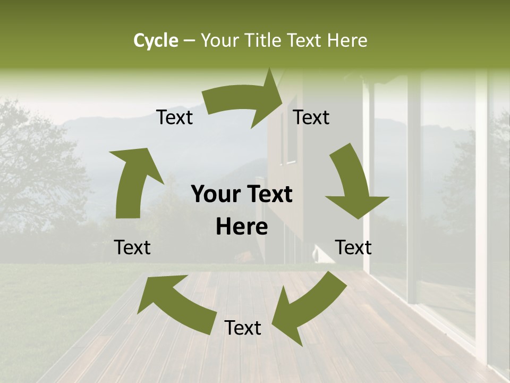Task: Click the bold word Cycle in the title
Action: [156, 40]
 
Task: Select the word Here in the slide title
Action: [347, 40]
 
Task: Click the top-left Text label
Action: [174, 118]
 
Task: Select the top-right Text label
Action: [311, 118]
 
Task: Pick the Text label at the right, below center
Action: [353, 247]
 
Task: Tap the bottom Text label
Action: [243, 328]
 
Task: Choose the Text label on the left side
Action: [132, 247]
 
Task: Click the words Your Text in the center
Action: [242, 195]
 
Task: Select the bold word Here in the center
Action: [242, 227]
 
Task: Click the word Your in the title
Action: [220, 40]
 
